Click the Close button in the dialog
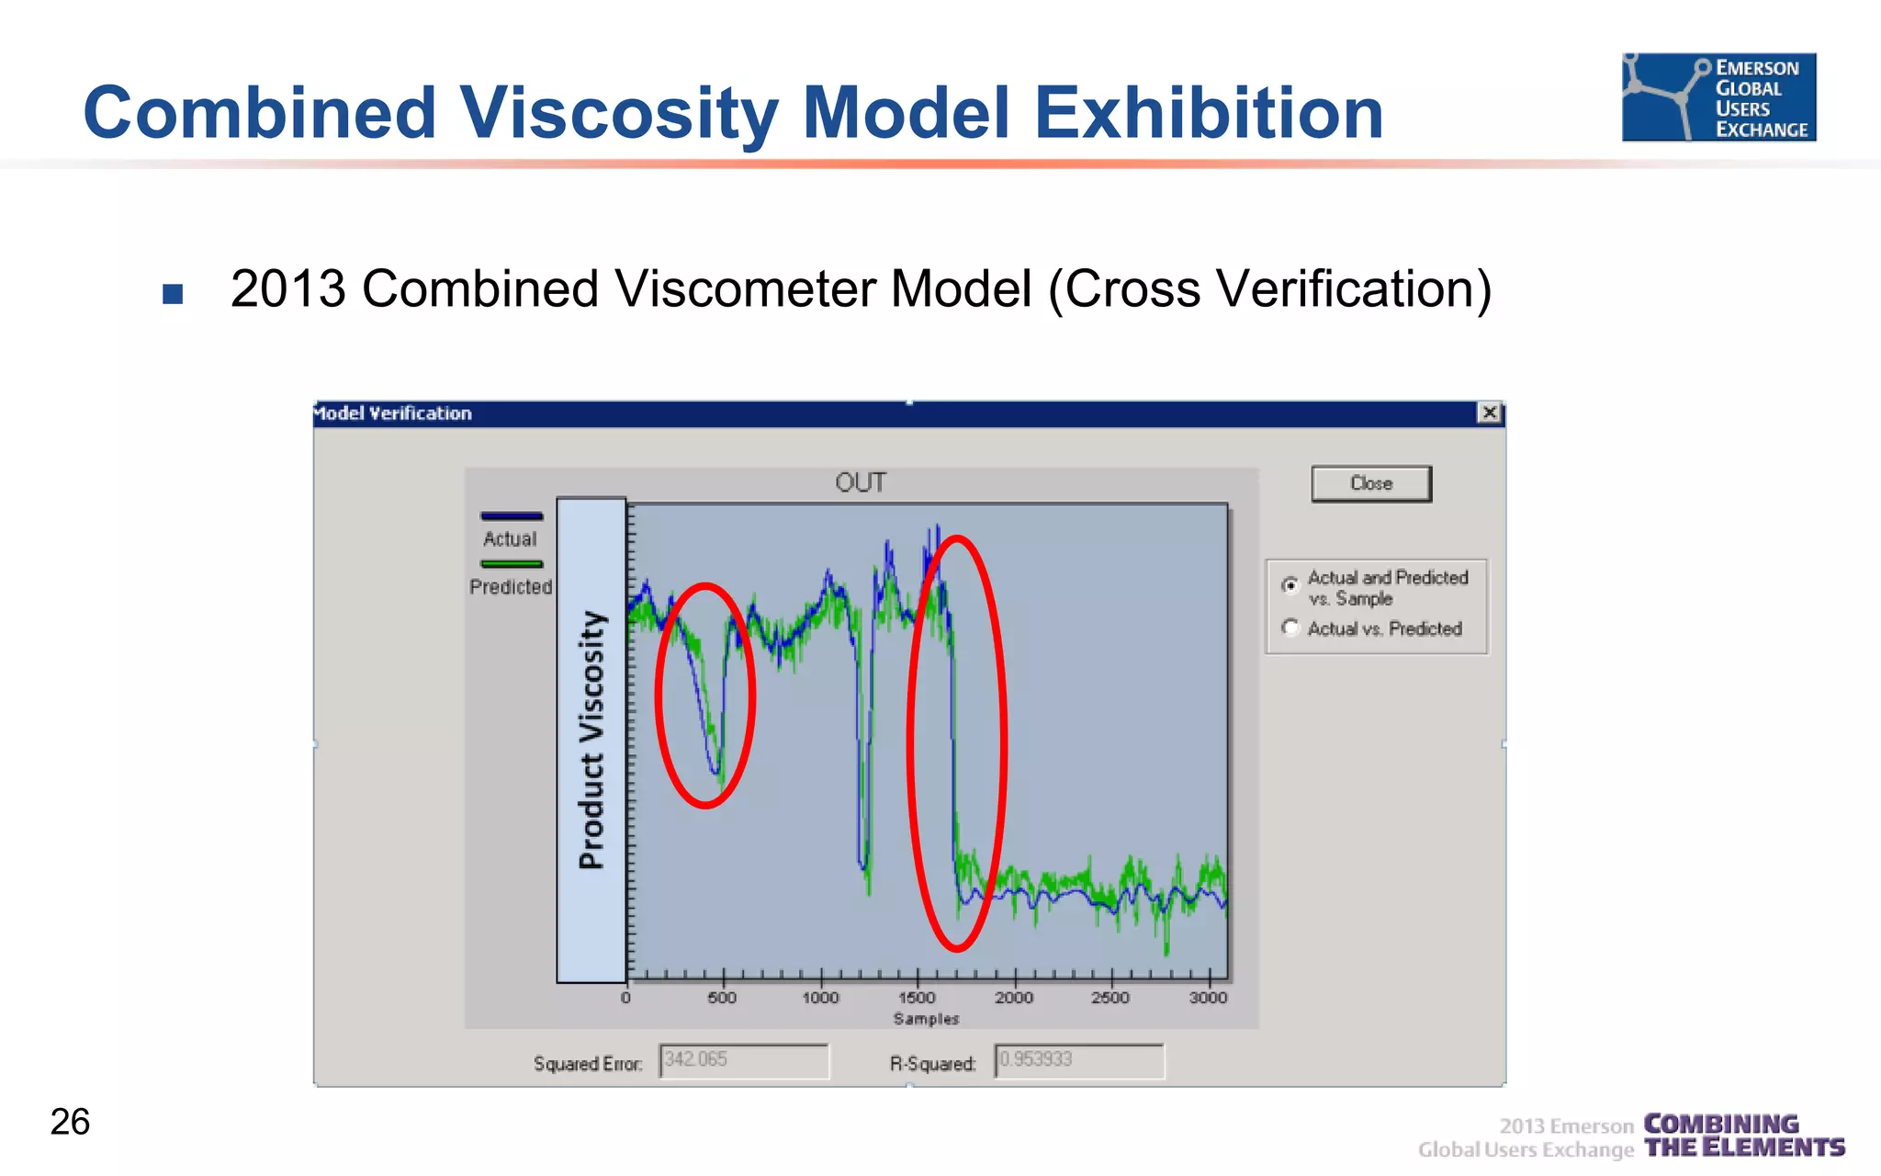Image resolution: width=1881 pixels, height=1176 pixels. coord(1370,483)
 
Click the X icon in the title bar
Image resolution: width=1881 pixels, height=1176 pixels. coord(1489,413)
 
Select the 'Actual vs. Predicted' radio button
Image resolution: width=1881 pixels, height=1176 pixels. coord(1290,628)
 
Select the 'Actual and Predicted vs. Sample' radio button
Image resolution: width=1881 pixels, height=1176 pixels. coord(1290,584)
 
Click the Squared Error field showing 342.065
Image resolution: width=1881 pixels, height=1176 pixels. coord(743,1060)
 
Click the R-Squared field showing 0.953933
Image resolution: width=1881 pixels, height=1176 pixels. coord(1078,1060)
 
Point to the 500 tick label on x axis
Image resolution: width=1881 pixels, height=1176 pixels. coord(722,998)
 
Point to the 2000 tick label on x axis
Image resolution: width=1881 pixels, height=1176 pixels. coord(1013,998)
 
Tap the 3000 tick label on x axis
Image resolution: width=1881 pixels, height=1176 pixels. coord(1208,998)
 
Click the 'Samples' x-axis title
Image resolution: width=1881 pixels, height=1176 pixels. coord(926,1019)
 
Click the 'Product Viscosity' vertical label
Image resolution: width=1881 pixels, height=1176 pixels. coord(591,740)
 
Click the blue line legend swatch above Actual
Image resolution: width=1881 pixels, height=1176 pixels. coord(512,516)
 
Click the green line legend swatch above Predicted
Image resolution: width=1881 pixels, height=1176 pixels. coord(512,564)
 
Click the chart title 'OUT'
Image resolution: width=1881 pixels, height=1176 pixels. coord(860,482)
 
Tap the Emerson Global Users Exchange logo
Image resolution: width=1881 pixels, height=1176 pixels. coord(1718,96)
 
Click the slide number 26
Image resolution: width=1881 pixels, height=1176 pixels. coord(70,1122)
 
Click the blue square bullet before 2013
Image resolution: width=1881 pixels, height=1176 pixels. coord(173,294)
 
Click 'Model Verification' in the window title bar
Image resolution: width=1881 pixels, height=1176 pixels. coord(393,413)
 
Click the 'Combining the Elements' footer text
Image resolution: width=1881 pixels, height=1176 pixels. coord(1743,1136)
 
